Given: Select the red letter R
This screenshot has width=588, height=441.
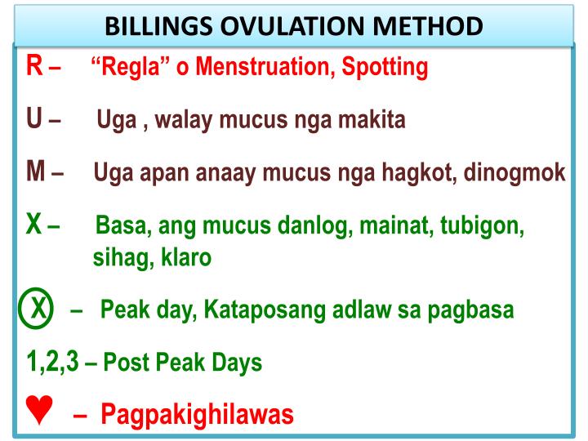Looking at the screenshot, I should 34,66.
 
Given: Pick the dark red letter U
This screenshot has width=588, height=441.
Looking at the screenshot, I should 34,119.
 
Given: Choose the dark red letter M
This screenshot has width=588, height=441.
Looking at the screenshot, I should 36,171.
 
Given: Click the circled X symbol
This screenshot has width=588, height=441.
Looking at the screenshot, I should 37,310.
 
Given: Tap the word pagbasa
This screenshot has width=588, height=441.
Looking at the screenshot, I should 478,311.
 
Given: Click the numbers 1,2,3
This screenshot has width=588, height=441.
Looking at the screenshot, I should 52,362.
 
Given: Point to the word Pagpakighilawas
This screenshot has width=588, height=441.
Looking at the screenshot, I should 197,415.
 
